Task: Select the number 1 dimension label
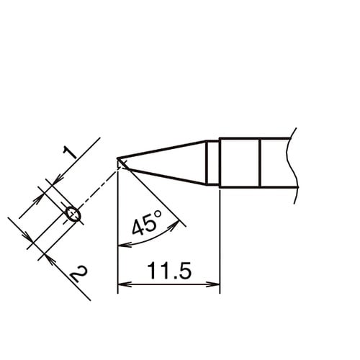(x=69, y=152)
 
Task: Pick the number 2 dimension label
(x=79, y=274)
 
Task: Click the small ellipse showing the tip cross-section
(x=72, y=213)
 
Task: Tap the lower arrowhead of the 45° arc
(x=122, y=245)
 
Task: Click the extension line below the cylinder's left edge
(x=219, y=238)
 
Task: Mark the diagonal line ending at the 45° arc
(x=155, y=197)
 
